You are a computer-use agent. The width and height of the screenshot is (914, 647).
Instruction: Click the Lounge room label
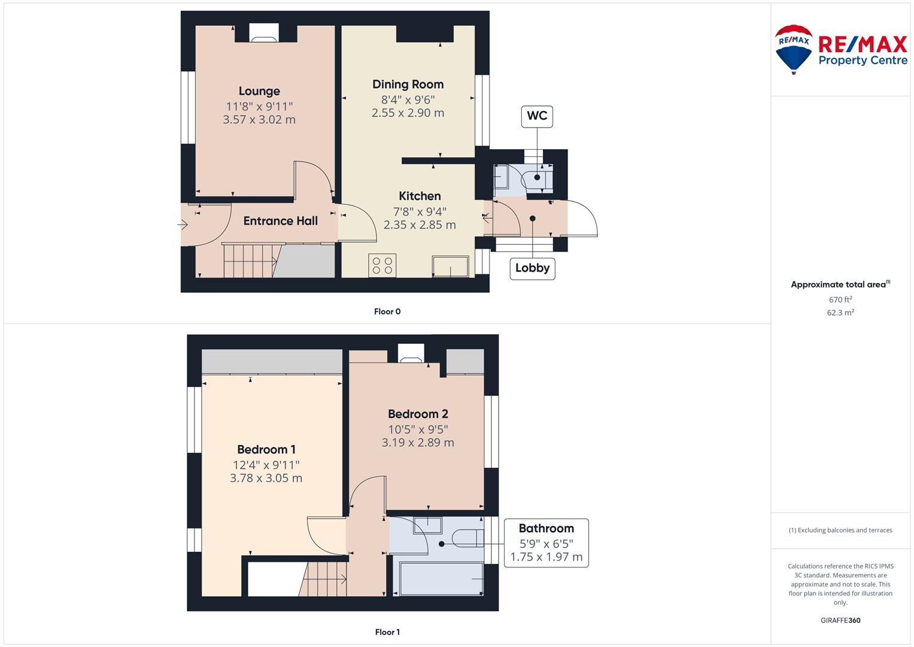pyautogui.click(x=259, y=91)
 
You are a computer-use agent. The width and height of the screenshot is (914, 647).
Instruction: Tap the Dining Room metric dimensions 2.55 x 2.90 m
pyautogui.click(x=408, y=113)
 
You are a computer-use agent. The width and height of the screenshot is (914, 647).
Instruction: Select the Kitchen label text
pyautogui.click(x=420, y=196)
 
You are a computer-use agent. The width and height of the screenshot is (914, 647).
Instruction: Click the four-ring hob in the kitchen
pyautogui.click(x=382, y=265)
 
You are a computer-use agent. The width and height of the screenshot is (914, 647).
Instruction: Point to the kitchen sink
pyautogui.click(x=451, y=267)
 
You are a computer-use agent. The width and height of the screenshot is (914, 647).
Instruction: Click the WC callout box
pyautogui.click(x=537, y=116)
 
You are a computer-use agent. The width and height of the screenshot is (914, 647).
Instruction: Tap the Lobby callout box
pyautogui.click(x=533, y=268)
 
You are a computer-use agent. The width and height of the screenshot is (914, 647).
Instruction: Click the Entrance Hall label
pyautogui.click(x=280, y=221)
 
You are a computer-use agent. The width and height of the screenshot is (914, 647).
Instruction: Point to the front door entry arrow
pyautogui.click(x=183, y=224)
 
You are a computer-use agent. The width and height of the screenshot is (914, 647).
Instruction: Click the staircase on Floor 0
pyautogui.click(x=250, y=261)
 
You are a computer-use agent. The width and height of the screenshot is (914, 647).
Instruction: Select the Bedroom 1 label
pyautogui.click(x=266, y=449)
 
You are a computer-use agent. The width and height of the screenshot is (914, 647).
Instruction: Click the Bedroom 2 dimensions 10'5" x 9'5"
pyautogui.click(x=418, y=430)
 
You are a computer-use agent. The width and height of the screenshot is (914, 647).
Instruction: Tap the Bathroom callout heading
pyautogui.click(x=546, y=528)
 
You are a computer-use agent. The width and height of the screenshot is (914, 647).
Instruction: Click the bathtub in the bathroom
pyautogui.click(x=441, y=579)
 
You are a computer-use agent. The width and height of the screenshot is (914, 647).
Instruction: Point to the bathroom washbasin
pyautogui.click(x=427, y=525)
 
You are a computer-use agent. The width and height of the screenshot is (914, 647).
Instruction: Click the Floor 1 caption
pyautogui.click(x=387, y=632)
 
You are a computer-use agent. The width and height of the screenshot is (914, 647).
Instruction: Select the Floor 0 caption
pyautogui.click(x=387, y=312)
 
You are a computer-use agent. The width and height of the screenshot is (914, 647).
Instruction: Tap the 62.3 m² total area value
pyautogui.click(x=840, y=313)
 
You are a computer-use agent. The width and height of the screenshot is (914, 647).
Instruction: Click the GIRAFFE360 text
pyautogui.click(x=840, y=620)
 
